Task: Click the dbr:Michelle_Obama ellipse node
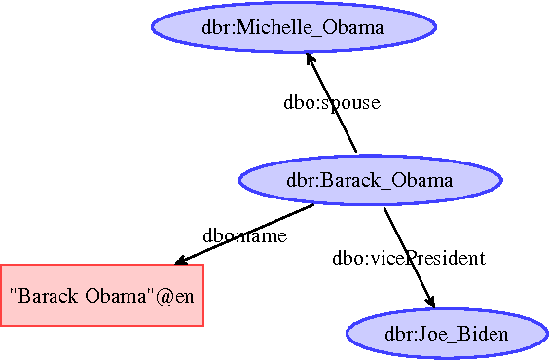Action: [293, 27]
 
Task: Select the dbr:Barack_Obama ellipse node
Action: [370, 180]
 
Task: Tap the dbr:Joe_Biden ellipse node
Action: [446, 335]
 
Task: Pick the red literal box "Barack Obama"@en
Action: [101, 294]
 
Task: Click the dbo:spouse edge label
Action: [331, 102]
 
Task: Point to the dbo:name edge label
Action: [244, 236]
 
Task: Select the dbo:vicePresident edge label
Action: [408, 258]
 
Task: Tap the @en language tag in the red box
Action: [178, 294]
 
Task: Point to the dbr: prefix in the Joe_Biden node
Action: [401, 335]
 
